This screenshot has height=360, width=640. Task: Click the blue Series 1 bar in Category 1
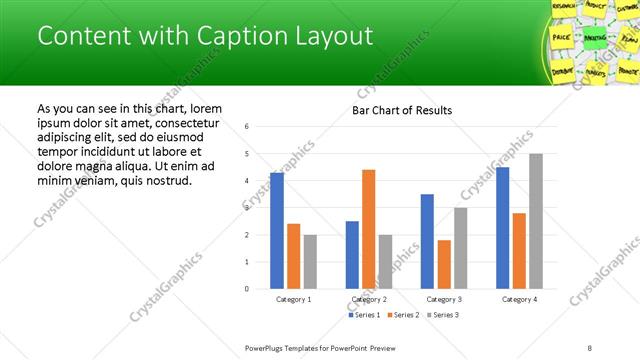point(277,231)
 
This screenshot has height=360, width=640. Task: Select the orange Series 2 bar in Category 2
point(368,229)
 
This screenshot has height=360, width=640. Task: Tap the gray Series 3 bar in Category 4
point(536,221)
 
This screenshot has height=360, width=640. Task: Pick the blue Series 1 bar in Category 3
point(427,241)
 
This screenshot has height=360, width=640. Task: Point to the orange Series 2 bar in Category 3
point(444,264)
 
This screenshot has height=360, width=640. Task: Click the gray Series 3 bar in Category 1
point(310,262)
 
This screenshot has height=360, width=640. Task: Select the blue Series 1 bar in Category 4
point(502,228)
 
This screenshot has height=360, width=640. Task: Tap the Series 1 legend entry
point(364,315)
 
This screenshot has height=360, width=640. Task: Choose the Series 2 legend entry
point(402,315)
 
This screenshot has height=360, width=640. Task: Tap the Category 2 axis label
point(369,299)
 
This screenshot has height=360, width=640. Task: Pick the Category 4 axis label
point(519,299)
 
